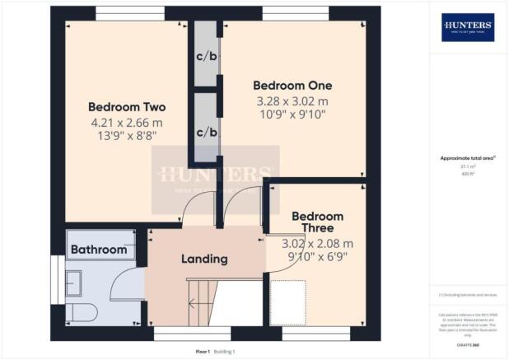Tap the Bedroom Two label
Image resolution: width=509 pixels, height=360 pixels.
click(x=128, y=107)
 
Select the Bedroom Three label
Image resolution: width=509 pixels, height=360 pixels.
click(x=317, y=222)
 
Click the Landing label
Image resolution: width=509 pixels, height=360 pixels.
click(x=204, y=259)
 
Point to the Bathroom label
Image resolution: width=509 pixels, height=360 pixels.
click(x=99, y=250)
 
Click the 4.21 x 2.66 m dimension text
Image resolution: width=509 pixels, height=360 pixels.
click(x=128, y=124)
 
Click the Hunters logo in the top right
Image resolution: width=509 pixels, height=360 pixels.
click(x=468, y=26)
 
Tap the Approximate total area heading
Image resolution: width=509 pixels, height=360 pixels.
click(x=467, y=159)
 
